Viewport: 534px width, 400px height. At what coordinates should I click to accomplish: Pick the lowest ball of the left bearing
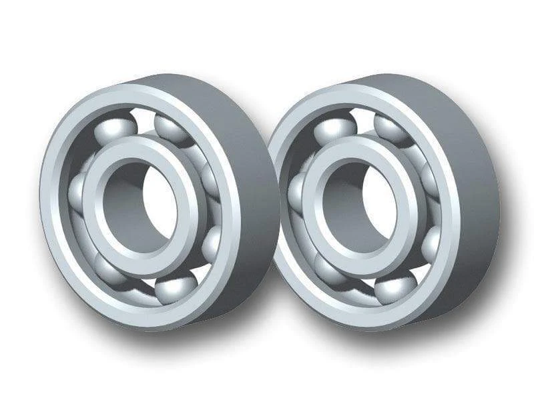click(175, 289)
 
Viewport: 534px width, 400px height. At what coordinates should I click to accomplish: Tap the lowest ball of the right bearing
click(394, 288)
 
